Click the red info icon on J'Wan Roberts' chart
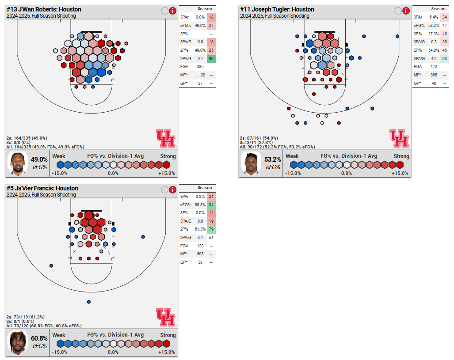coord(173,11)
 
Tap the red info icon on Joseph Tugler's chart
coord(406,11)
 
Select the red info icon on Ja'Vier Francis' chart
coord(173,190)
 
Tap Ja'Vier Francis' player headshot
coord(18,343)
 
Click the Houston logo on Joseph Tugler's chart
coord(399,138)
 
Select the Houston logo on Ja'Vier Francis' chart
coord(165,317)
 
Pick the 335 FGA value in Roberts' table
coord(200,67)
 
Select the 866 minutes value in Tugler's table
coord(433,75)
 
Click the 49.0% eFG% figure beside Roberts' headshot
coord(39,159)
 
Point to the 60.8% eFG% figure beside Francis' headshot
coord(39,338)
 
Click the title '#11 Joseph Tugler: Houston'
coord(277,9)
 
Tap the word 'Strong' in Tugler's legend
coord(401,156)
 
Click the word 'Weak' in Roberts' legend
coord(59,156)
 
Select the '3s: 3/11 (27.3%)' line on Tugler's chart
coord(256,142)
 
